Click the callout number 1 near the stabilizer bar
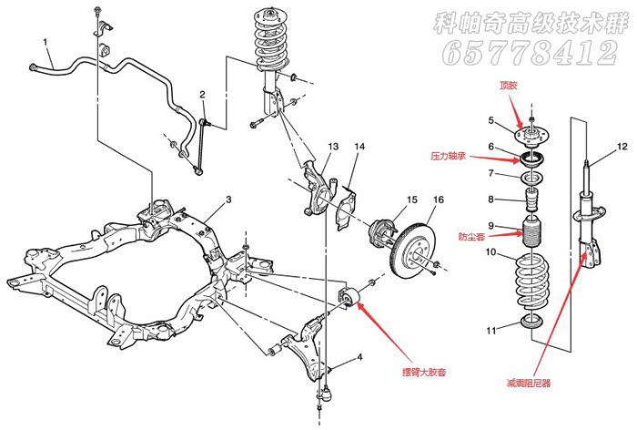(43, 42)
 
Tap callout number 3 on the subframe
(229, 200)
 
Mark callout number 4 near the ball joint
(359, 356)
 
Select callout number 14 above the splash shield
(359, 147)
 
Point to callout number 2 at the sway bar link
(203, 94)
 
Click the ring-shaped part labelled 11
(530, 322)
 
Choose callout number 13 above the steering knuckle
(332, 147)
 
